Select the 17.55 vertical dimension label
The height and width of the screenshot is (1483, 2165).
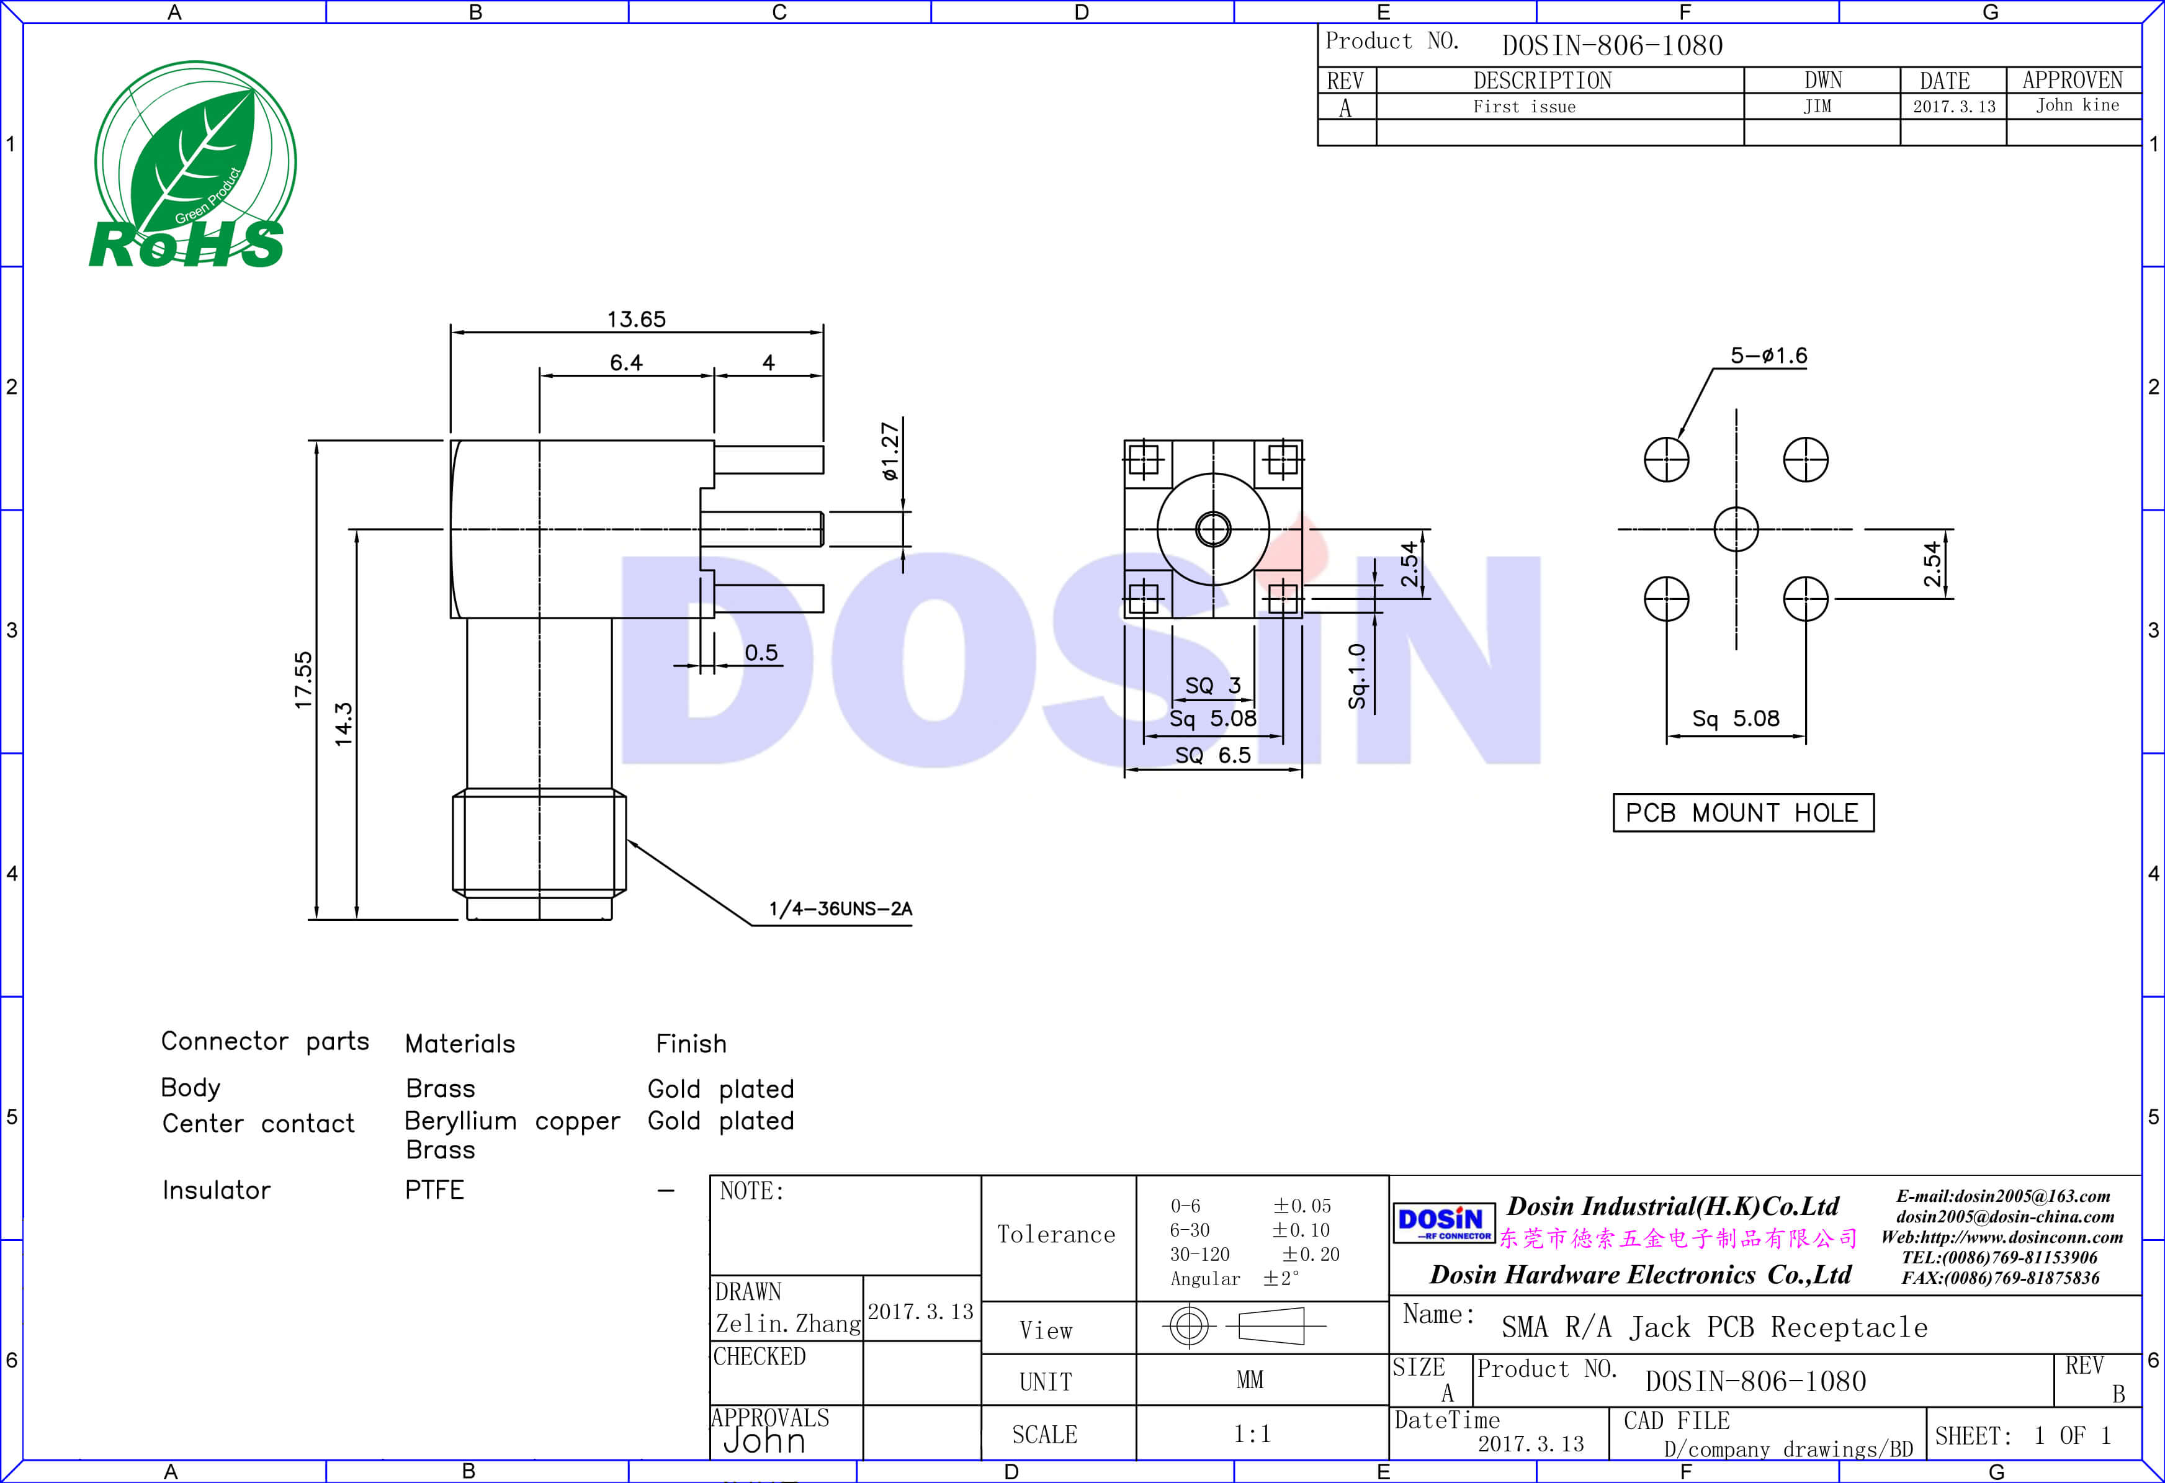pyautogui.click(x=303, y=680)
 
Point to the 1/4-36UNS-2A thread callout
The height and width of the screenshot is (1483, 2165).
pyautogui.click(x=840, y=909)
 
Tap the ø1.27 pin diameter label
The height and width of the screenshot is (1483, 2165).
pyautogui.click(x=890, y=452)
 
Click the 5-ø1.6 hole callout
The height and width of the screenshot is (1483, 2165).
pyautogui.click(x=1768, y=356)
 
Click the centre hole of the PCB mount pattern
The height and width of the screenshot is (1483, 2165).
pyautogui.click(x=1736, y=529)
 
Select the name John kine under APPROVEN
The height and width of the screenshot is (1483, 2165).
pyautogui.click(x=2076, y=105)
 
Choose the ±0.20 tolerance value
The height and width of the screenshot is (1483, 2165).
pyautogui.click(x=1310, y=1255)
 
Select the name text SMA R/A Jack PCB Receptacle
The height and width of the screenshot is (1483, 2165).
pyautogui.click(x=1714, y=1327)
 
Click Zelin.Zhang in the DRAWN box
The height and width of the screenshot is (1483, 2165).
pyautogui.click(x=787, y=1324)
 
